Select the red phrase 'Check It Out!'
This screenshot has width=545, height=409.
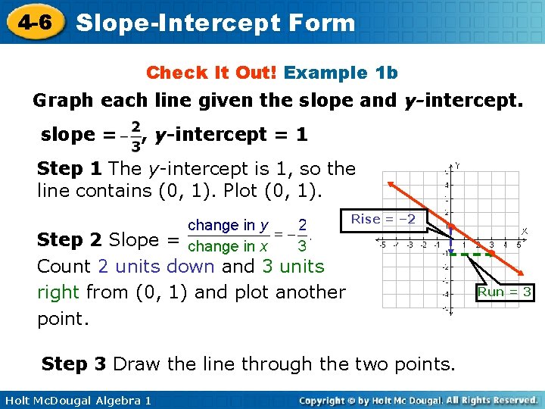213,73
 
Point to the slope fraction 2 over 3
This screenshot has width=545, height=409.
135,135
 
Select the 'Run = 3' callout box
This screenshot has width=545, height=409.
505,292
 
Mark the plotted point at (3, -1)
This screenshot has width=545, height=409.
491,252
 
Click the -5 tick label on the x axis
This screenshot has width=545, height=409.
383,245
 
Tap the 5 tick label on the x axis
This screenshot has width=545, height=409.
519,245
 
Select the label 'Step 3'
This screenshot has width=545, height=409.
73,364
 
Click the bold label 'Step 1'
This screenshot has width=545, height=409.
69,168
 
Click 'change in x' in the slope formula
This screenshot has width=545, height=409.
228,246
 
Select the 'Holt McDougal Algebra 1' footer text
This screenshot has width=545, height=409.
76,400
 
